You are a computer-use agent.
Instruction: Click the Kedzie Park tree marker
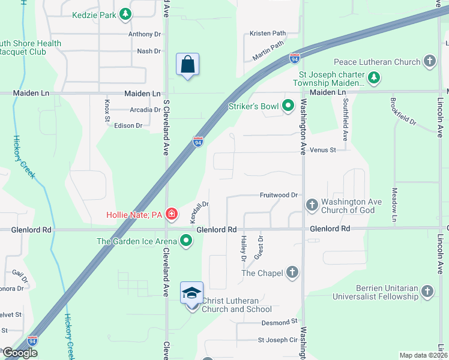pyautogui.click(x=125, y=14)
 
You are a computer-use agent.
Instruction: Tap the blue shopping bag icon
pyautogui.click(x=187, y=65)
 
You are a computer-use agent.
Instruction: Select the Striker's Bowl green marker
pyautogui.click(x=288, y=107)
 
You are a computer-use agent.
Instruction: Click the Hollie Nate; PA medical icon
pyautogui.click(x=172, y=214)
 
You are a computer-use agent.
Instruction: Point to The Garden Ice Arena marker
pyautogui.click(x=186, y=241)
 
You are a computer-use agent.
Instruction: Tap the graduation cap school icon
pyautogui.click(x=192, y=293)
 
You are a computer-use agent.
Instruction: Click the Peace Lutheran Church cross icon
pyautogui.click(x=429, y=61)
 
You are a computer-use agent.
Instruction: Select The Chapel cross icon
pyautogui.click(x=292, y=273)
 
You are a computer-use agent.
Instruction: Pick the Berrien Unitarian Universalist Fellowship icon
pyautogui.click(x=427, y=292)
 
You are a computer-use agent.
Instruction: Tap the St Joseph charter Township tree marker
pyautogui.click(x=373, y=77)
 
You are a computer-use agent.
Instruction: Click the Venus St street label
pyautogui.click(x=324, y=149)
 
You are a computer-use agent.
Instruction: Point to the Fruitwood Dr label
pyautogui.click(x=279, y=195)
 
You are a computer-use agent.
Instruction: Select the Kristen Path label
pyautogui.click(x=268, y=34)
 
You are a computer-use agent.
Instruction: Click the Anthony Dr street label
pyautogui.click(x=145, y=34)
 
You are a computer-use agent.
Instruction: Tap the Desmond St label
pyautogui.click(x=280, y=322)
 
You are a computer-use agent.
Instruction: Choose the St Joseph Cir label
pyautogui.click(x=278, y=340)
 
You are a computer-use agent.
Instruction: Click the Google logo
pyautogui.click(x=20, y=353)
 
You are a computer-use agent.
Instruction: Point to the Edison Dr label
pyautogui.click(x=128, y=125)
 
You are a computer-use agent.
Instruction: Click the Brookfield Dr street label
pyautogui.click(x=403, y=112)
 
